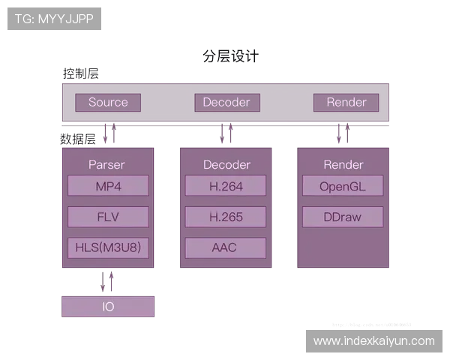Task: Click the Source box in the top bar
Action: [x=108, y=103]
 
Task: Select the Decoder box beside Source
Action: [x=226, y=103]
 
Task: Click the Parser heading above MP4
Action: [x=106, y=164]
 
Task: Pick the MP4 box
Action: [x=108, y=186]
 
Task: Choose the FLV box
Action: [x=108, y=217]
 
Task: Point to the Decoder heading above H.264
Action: [x=226, y=164]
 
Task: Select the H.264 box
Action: [x=226, y=186]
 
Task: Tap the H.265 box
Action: [x=226, y=217]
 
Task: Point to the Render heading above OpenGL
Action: [x=343, y=164]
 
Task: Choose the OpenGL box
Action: [x=343, y=186]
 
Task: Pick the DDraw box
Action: [x=343, y=217]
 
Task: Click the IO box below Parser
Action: [x=108, y=307]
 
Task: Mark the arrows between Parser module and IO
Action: [x=109, y=282]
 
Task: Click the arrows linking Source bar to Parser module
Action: [x=112, y=134]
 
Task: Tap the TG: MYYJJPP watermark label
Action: [x=54, y=19]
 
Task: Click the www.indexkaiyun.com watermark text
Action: [x=374, y=341]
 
